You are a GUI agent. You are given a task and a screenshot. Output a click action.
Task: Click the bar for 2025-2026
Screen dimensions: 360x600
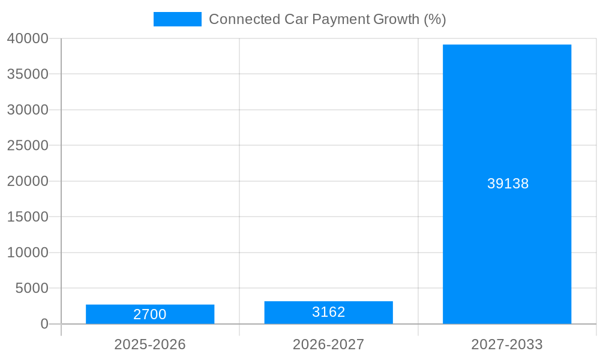point(150,314)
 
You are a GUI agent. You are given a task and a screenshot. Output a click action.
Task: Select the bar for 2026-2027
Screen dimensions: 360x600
point(328,313)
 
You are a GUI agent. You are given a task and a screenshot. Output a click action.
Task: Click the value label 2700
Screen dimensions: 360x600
point(150,314)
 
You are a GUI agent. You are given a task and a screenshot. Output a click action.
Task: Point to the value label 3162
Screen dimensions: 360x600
point(328,312)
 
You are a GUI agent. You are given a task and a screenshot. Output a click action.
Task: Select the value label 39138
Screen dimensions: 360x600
point(508,184)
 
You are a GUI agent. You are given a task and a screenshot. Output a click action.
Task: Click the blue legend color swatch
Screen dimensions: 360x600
point(178,19)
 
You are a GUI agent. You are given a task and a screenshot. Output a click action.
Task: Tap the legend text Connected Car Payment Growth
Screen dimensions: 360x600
point(327,19)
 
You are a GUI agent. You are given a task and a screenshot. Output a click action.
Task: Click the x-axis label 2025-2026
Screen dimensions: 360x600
point(150,344)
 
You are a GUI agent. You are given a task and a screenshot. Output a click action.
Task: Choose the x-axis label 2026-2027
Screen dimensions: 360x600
point(328,344)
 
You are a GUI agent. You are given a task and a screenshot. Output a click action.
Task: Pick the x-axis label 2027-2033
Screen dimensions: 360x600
point(507,344)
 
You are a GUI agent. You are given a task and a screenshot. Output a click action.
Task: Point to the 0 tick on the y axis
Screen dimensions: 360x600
point(44,324)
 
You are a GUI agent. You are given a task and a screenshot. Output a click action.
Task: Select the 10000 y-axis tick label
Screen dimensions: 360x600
point(28,253)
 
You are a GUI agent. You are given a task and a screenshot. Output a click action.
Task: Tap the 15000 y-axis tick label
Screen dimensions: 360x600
point(28,217)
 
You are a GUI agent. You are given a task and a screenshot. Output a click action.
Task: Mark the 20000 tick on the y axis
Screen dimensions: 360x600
point(28,181)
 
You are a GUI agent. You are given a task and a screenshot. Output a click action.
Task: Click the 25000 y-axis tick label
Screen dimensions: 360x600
point(28,145)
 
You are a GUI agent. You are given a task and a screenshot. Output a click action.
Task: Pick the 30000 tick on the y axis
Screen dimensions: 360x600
point(28,110)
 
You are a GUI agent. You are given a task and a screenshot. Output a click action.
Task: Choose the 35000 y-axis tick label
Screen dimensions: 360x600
point(28,74)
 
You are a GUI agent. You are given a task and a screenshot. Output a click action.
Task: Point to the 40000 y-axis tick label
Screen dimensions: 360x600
point(28,38)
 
